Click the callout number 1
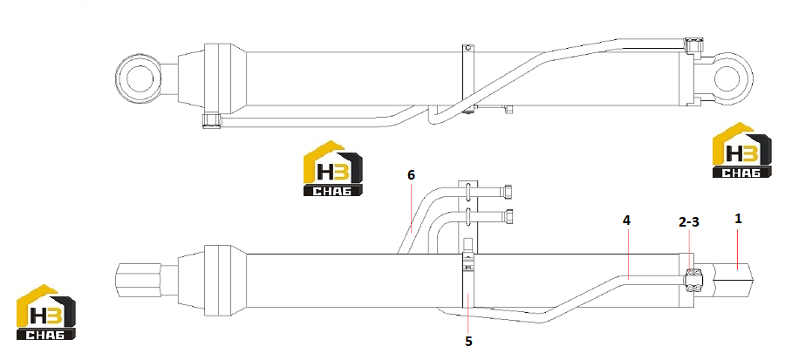(737, 218)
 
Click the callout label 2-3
(689, 222)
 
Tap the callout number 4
(626, 220)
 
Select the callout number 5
(468, 341)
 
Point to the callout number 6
(411, 175)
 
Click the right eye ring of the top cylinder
(750, 79)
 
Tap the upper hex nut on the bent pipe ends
(509, 192)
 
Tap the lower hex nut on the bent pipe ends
(509, 216)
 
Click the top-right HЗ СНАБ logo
(741, 150)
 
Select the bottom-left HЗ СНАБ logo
(46, 313)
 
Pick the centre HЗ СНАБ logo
(333, 168)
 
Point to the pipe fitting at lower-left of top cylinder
(212, 121)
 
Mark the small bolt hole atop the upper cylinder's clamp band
(468, 49)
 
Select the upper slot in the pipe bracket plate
(468, 191)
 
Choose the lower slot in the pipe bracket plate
(468, 215)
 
